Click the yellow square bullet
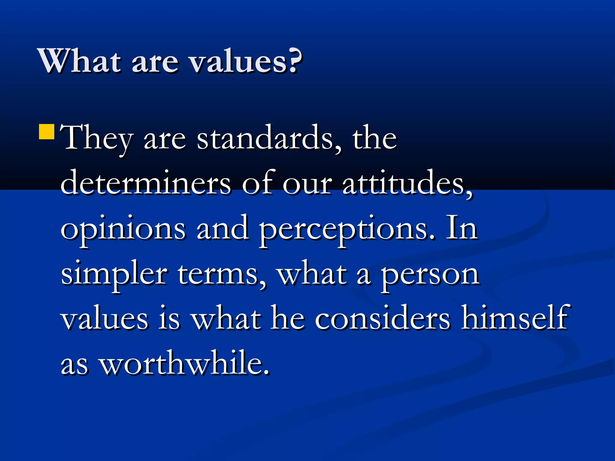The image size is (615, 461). point(47,132)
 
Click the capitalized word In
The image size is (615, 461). point(462,228)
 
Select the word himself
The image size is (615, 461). point(515,318)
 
